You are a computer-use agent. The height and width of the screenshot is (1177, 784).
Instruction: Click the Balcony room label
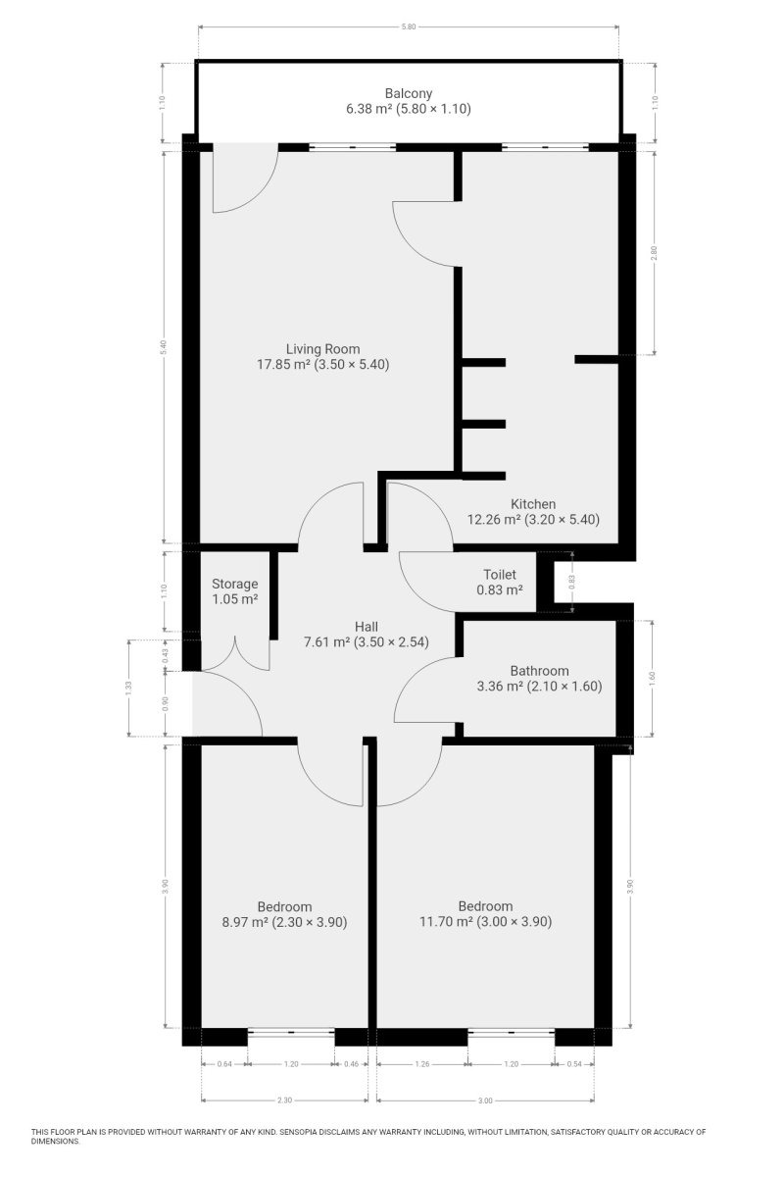coord(408,93)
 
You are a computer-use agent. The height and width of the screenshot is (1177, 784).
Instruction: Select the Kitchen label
coord(533,504)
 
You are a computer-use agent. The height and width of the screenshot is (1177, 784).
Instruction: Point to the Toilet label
coord(500,575)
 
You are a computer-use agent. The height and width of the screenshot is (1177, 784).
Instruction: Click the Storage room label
coord(235,584)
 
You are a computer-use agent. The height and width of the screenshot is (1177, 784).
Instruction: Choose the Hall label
coord(366,627)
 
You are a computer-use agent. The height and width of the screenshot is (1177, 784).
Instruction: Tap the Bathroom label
coord(539,671)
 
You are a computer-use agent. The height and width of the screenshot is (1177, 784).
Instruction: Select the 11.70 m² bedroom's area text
coord(446,921)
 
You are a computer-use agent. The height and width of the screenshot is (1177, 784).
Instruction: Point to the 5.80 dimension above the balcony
coord(408,26)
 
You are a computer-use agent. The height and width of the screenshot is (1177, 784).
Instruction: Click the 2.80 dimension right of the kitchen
coord(654,253)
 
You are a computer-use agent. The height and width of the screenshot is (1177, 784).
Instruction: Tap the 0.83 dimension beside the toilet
coord(572,581)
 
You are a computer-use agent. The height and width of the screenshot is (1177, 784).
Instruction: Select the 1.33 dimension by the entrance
coord(129,688)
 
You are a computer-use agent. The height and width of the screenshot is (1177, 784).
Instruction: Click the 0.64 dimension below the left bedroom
coord(224,1064)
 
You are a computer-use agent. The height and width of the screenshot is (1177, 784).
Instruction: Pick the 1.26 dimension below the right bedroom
coord(422,1064)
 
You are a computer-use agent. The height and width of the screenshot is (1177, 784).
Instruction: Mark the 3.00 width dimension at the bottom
coord(485,1100)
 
